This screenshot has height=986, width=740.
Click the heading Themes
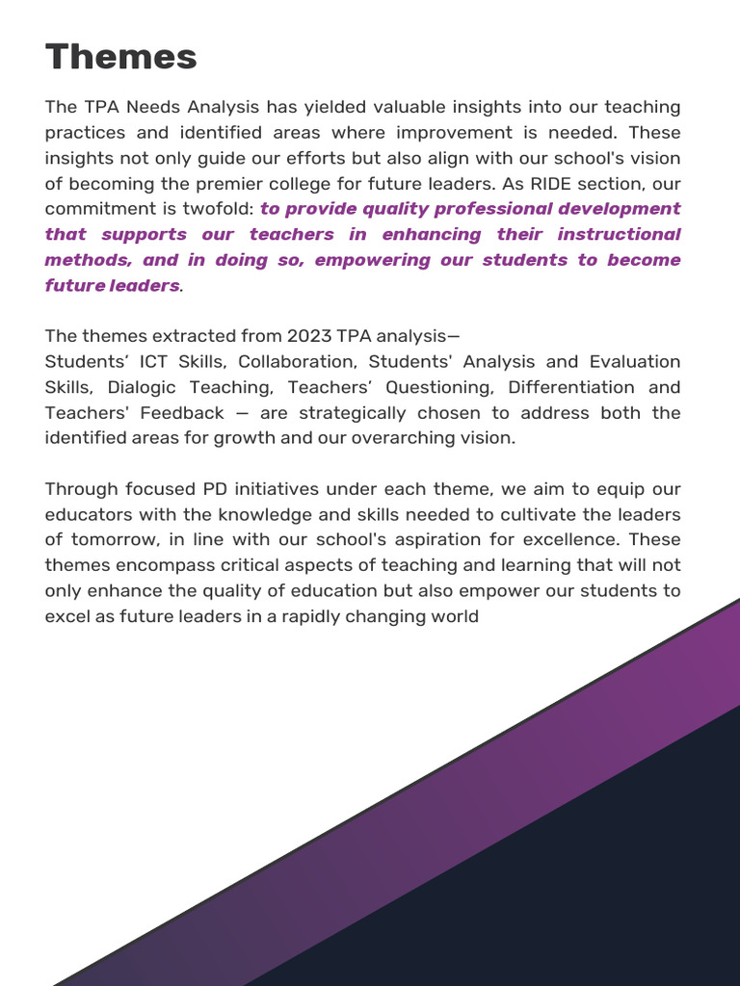click(120, 58)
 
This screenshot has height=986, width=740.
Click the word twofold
click(221, 209)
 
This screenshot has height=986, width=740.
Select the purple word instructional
click(619, 234)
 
